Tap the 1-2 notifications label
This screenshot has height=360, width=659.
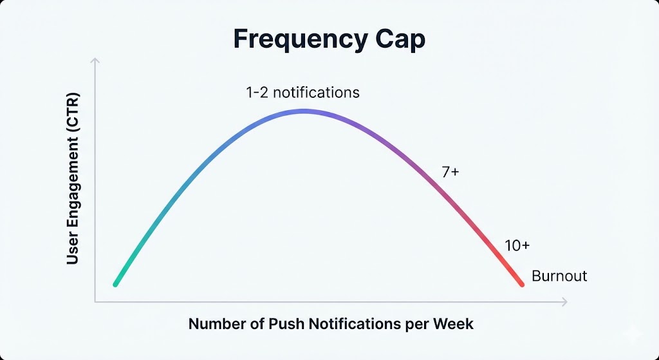(302, 93)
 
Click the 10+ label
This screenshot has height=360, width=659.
(517, 245)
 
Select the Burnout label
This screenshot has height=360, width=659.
(559, 276)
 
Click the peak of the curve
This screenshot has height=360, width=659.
(304, 111)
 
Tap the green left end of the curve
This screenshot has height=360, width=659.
(116, 284)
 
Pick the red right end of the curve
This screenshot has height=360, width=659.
(522, 285)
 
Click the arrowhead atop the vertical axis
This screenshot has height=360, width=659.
(95, 61)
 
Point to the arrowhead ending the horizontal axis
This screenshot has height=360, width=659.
(564, 301)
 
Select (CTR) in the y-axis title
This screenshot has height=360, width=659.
(73, 108)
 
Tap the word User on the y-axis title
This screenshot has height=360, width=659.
(73, 251)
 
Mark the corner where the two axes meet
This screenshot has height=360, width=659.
(95, 301)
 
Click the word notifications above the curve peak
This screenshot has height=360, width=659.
(317, 93)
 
